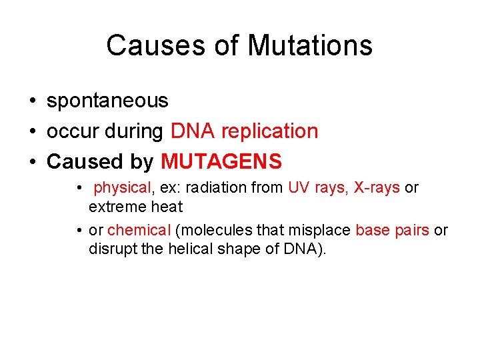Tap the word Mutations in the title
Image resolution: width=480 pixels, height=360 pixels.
tap(310, 46)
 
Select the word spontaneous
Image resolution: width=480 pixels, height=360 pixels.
tap(107, 101)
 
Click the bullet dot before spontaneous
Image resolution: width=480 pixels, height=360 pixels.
tap(32, 101)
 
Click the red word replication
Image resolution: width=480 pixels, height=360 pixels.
tap(269, 131)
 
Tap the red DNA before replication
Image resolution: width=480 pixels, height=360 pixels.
tap(193, 131)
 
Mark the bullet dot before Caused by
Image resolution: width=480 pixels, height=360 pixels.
tap(32, 162)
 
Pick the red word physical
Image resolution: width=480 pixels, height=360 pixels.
tap(123, 188)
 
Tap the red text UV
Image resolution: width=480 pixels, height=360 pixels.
tap(299, 188)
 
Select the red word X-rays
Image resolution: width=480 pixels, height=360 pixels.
tap(377, 188)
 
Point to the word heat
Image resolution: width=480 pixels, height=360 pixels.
tap(167, 207)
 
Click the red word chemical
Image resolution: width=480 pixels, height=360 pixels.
tap(139, 231)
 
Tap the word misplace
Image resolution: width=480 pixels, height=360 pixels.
tap(321, 231)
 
